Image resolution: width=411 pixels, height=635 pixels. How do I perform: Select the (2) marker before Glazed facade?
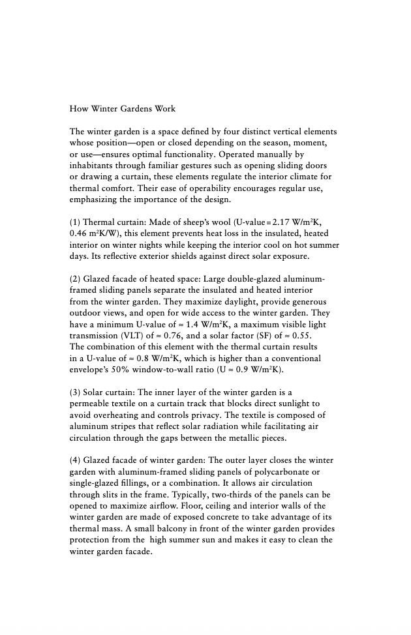(x=74, y=279)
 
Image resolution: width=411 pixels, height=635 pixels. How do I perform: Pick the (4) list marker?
(x=74, y=461)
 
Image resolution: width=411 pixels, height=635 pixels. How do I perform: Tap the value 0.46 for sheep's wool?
(x=79, y=233)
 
